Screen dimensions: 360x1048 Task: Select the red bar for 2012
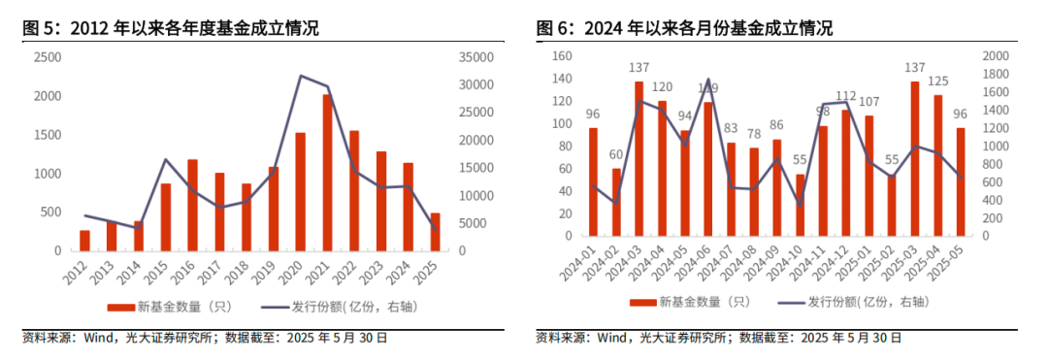(x=84, y=241)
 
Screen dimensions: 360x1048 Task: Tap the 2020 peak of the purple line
(x=301, y=76)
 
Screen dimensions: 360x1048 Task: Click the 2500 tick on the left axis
(x=46, y=58)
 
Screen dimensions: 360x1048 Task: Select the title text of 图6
(x=684, y=29)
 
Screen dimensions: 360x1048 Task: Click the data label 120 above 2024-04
(x=662, y=87)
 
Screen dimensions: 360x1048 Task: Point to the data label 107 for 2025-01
(x=868, y=102)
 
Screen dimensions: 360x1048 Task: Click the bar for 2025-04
(x=937, y=165)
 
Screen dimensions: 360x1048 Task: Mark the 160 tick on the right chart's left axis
(x=560, y=56)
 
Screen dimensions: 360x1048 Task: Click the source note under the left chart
(x=205, y=339)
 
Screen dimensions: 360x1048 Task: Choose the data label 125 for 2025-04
(x=937, y=81)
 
